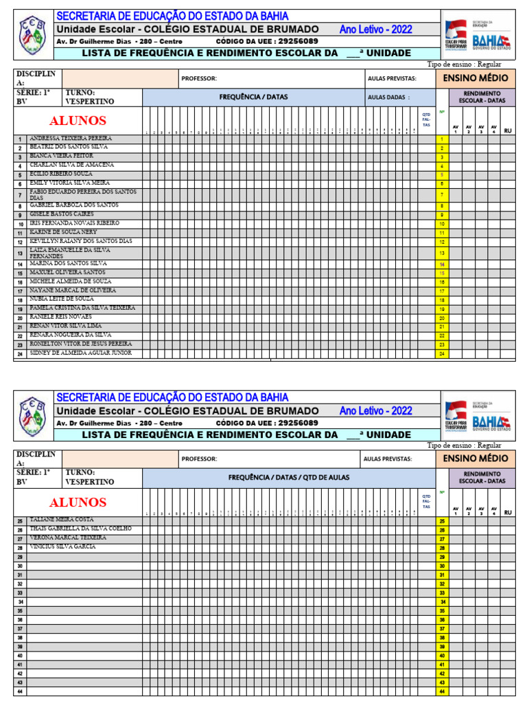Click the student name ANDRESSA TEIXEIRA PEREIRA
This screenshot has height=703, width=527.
71,138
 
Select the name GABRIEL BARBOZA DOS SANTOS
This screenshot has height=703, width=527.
74,205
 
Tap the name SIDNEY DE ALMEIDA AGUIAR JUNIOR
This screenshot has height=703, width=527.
81,353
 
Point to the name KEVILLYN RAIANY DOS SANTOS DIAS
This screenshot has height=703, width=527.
81,242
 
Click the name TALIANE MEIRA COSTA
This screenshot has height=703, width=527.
61,520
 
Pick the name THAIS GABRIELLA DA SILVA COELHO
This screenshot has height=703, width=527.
80,529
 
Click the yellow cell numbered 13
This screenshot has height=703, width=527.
442,253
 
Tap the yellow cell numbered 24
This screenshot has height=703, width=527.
442,354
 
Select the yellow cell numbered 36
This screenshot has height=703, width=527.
442,619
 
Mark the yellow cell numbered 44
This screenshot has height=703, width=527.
442,691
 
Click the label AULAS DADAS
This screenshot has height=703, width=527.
388,97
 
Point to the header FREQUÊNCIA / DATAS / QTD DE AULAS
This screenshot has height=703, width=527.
288,477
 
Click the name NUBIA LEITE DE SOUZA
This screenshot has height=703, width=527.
62,299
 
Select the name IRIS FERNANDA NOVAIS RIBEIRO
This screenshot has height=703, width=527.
74,223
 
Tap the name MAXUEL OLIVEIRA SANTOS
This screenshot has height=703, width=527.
67,273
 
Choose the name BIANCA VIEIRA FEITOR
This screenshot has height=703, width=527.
60,156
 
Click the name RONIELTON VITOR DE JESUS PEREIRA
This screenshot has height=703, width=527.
81,344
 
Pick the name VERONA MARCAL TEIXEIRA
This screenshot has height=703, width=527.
67,538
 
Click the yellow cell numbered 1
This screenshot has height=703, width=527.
442,139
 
